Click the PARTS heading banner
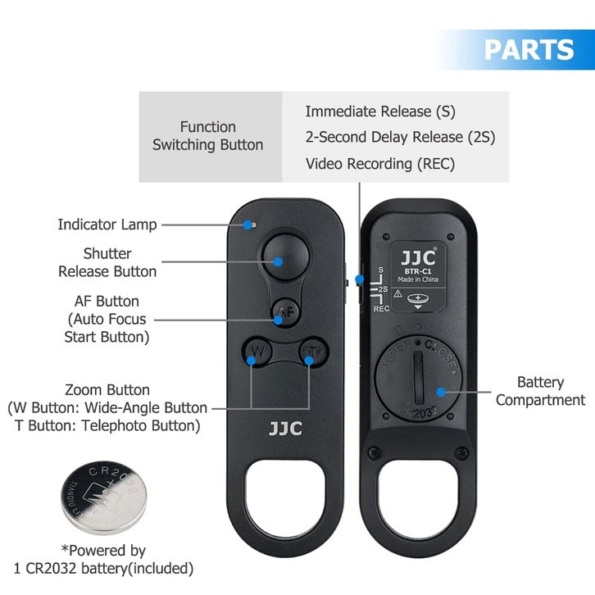point(529,49)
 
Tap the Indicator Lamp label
point(107,224)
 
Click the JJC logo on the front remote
point(284,428)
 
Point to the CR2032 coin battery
point(103,497)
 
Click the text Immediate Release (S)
point(379,111)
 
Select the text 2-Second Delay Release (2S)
point(400,137)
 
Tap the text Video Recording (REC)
point(379,163)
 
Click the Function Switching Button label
point(207,136)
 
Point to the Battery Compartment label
point(540,391)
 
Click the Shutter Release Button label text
point(107,262)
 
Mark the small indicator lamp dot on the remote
point(253,223)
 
